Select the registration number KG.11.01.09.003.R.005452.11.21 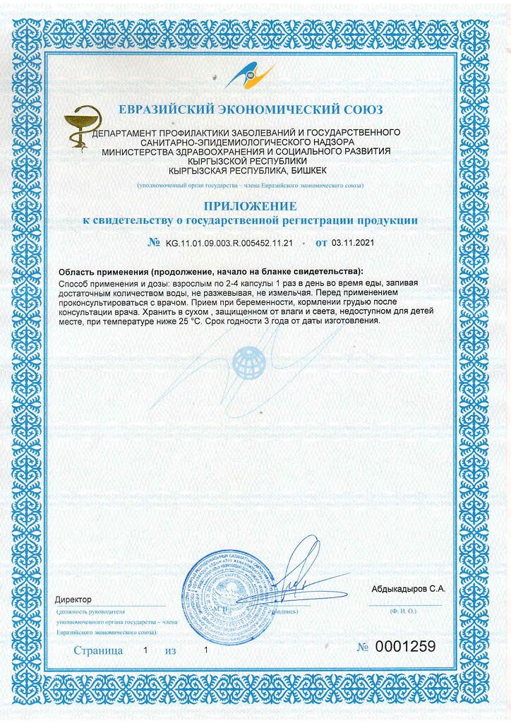tap(229, 242)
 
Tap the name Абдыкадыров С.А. tap(408, 588)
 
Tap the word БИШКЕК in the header tap(308, 171)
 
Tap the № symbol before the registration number tap(154, 242)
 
